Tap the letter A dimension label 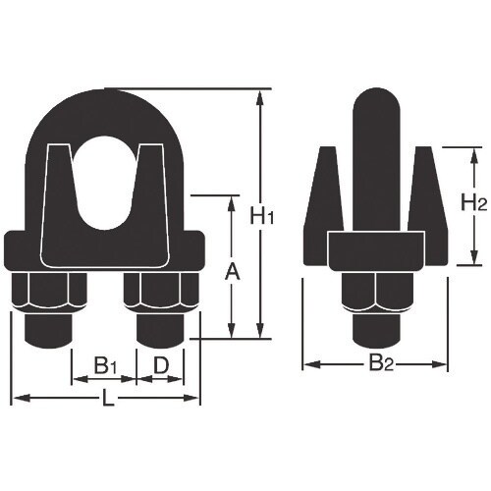[x=232, y=269]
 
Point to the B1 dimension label [x=106, y=366]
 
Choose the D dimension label [x=162, y=366]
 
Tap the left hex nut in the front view [x=45, y=292]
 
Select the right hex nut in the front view [x=163, y=292]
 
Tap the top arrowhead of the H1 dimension [x=260, y=95]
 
